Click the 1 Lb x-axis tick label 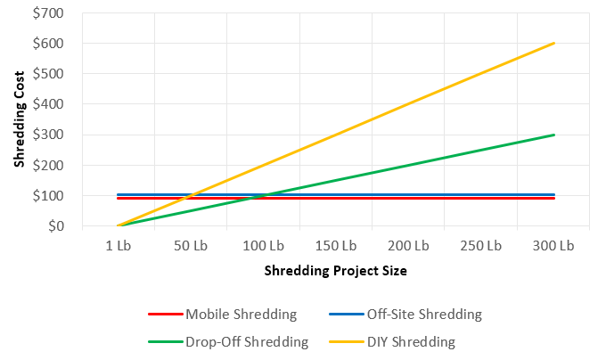(x=119, y=244)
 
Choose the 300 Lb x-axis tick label (x=554, y=244)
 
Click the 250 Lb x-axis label (x=481, y=244)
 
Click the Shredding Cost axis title (x=19, y=120)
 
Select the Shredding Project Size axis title (x=336, y=269)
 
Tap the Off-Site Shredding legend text (x=425, y=314)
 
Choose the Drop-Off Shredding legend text (x=247, y=340)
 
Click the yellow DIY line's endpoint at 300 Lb (x=554, y=43)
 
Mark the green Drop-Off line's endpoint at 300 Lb (x=554, y=135)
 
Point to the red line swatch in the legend (x=166, y=314)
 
